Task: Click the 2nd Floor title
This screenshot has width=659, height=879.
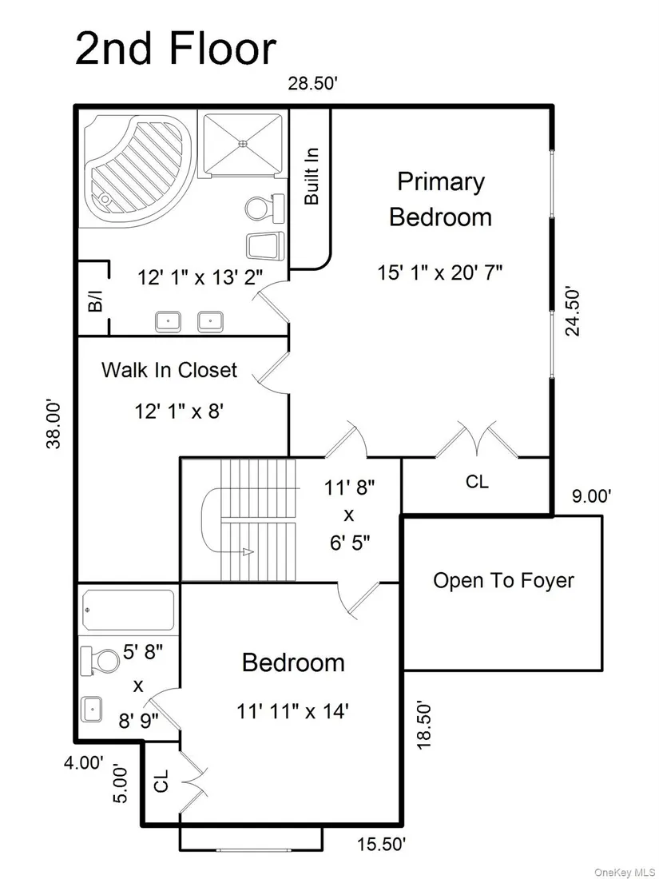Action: [x=176, y=49]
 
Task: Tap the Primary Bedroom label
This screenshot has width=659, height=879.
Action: [x=440, y=200]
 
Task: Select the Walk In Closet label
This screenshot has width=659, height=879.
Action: [x=169, y=370]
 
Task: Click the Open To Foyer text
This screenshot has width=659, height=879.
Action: [x=504, y=581]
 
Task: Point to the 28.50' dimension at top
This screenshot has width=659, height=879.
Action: [x=312, y=84]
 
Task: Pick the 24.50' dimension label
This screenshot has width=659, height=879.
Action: [x=572, y=312]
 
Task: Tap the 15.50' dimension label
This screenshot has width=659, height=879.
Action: [x=382, y=859]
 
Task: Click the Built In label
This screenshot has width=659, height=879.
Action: [x=311, y=176]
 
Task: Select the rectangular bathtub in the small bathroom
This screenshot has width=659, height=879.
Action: [x=129, y=610]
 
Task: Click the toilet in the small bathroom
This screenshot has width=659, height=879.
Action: [x=99, y=662]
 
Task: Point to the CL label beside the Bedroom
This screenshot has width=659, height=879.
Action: [x=161, y=781]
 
